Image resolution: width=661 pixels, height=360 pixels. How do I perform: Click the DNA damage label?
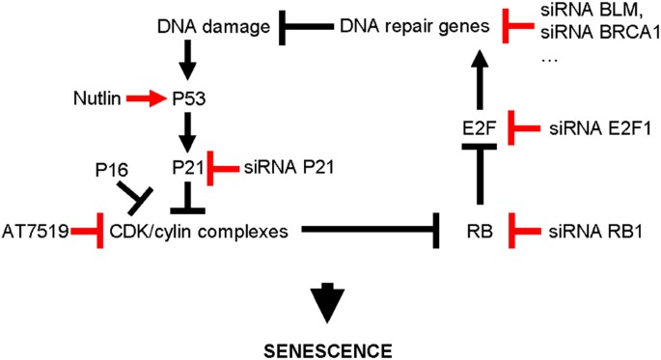[211, 27]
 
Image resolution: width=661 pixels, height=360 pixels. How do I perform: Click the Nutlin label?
[96, 97]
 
